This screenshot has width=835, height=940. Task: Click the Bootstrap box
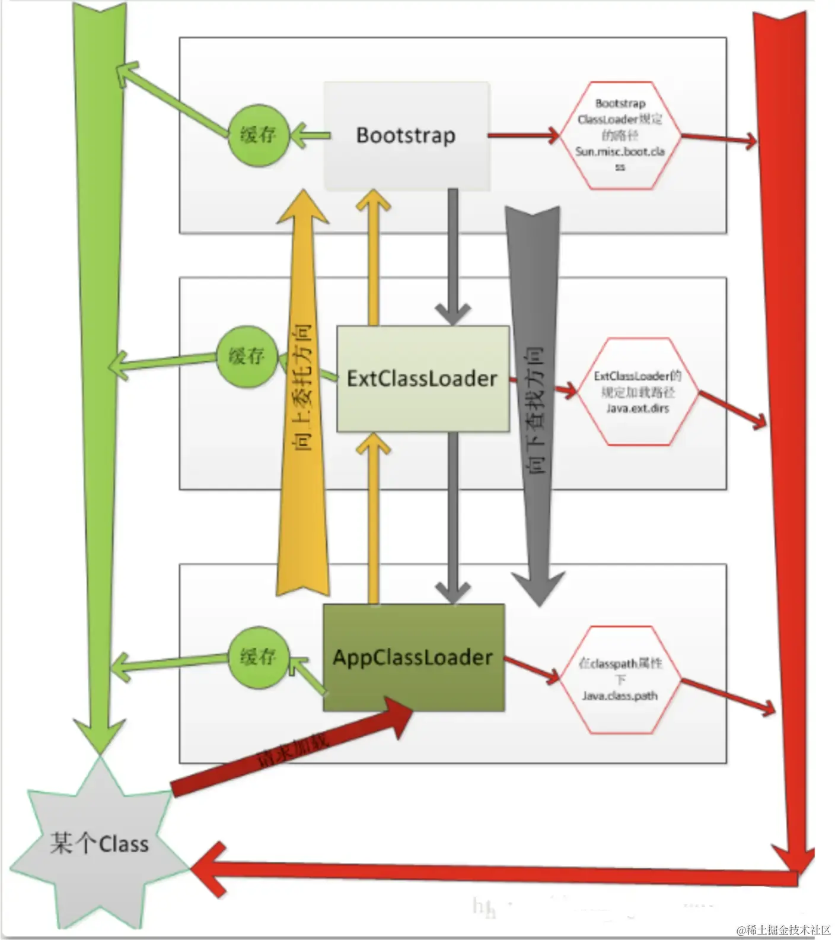pos(406,135)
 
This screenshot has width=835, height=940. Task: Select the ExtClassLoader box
pos(422,379)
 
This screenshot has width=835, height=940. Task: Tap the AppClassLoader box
pos(413,658)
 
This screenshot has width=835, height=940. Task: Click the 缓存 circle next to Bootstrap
pos(258,135)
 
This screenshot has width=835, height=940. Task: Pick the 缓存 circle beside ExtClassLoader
pos(246,356)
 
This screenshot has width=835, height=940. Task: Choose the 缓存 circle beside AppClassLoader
pos(258,657)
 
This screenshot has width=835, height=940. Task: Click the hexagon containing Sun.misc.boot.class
pos(620,135)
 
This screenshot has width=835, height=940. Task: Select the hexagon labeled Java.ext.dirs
pos(638,392)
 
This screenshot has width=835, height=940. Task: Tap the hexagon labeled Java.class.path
pos(620,679)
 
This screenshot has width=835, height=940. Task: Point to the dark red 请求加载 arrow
pos(291,748)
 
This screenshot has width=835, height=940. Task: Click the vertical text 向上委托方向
pos(303,389)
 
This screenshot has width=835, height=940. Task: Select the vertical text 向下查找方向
pos(534,409)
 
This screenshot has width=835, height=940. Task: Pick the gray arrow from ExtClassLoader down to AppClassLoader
pos(453,516)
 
